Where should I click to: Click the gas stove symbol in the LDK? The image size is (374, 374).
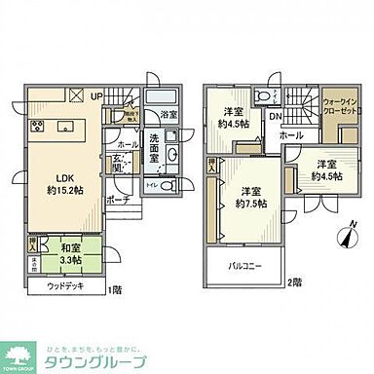pyautogui.click(x=39, y=127)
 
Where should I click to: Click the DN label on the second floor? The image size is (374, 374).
pyautogui.click(x=276, y=119)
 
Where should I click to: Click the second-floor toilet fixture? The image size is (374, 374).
pyautogui.click(x=264, y=96)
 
